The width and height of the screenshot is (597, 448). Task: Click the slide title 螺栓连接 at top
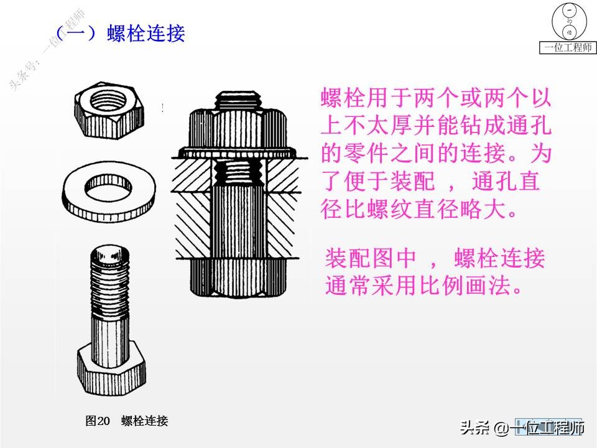point(146,33)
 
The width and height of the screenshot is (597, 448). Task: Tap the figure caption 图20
point(98,421)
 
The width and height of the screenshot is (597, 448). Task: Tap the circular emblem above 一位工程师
point(567,21)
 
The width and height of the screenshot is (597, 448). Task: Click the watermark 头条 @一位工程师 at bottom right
point(522,428)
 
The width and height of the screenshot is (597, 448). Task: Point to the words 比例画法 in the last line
point(473,285)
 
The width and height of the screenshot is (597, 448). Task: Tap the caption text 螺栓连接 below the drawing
point(145,421)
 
